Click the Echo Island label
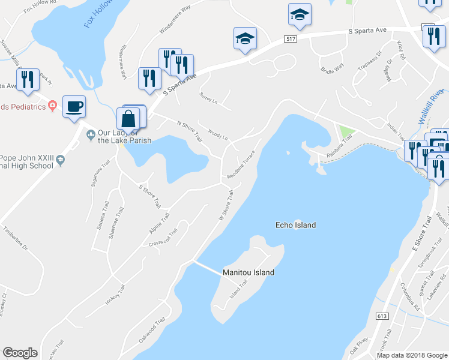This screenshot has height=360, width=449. tap(295, 225)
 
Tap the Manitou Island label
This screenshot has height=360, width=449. tap(249, 272)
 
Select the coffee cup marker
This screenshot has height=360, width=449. tap(74, 107)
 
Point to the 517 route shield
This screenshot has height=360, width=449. tap(291, 39)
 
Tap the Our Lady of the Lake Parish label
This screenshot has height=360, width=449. tap(124, 136)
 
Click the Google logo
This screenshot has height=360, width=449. tap(20, 353)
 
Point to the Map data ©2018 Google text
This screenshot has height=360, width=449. tap(411, 355)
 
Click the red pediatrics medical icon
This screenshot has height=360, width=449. tap(53, 106)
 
